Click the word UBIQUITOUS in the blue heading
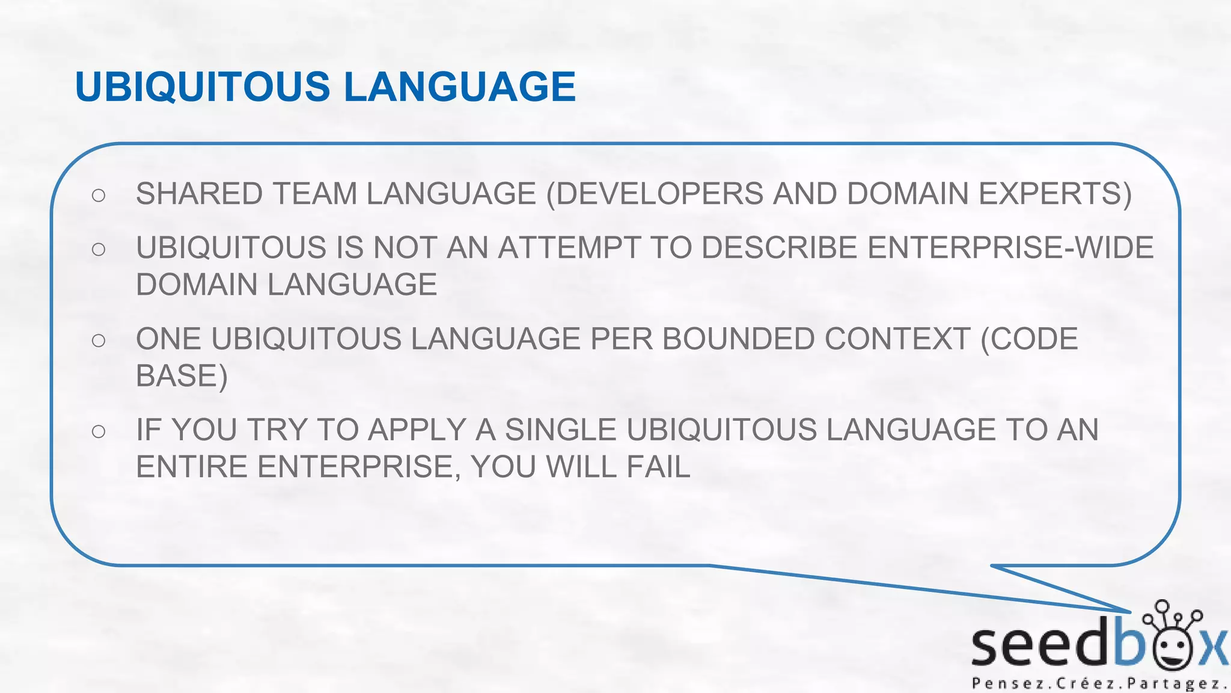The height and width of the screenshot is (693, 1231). click(203, 87)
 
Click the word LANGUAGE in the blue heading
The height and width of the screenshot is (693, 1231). click(460, 87)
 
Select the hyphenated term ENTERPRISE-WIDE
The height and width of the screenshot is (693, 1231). click(1010, 248)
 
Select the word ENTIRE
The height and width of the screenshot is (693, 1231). click(192, 467)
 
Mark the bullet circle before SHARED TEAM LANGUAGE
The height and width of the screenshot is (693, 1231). click(99, 195)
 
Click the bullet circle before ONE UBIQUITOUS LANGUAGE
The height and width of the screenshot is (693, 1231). click(99, 340)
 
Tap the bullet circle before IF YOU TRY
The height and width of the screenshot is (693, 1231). click(99, 431)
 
